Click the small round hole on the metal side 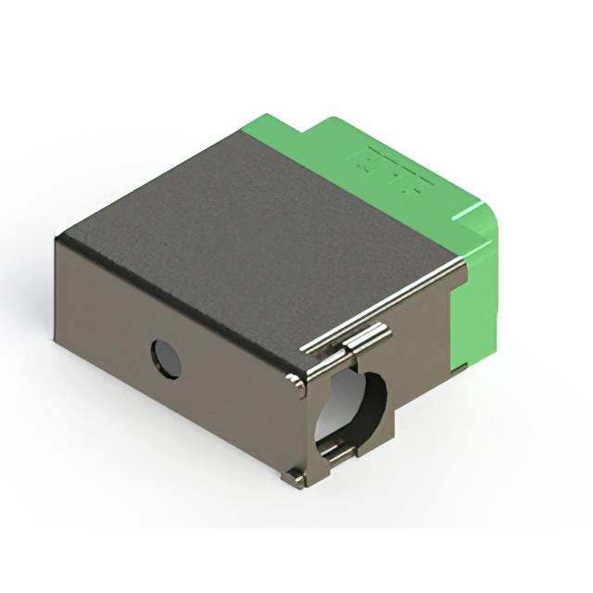[166, 359]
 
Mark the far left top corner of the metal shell [59, 239]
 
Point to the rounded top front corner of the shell [296, 380]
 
